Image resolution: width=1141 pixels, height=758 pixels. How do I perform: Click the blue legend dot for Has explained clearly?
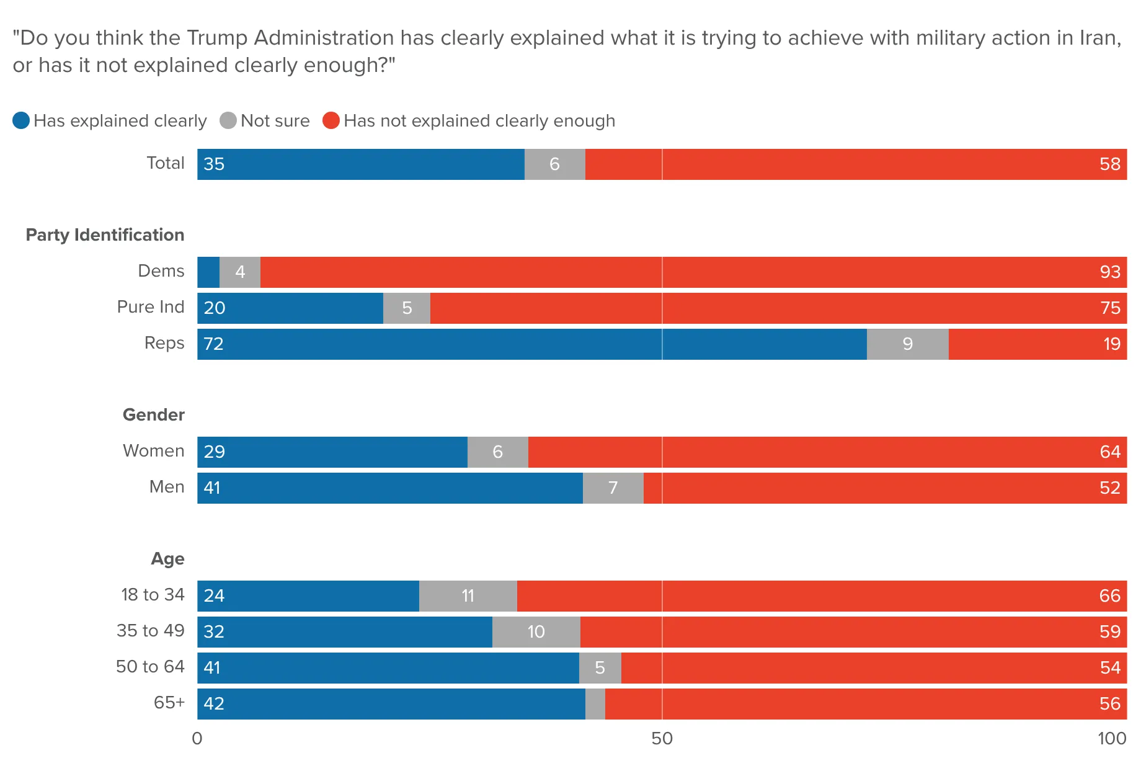(x=21, y=120)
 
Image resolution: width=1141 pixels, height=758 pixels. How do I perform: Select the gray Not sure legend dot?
(x=228, y=120)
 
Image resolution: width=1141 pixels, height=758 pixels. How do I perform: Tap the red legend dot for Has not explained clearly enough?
(x=331, y=120)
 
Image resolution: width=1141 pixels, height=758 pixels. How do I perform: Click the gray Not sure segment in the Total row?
(x=555, y=164)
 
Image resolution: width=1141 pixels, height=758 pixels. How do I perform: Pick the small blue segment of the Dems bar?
(x=208, y=272)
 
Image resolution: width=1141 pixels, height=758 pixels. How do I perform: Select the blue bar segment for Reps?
(x=532, y=344)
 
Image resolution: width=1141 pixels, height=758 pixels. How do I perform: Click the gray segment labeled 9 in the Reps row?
(x=908, y=344)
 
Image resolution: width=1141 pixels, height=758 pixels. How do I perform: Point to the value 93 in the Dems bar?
(x=1110, y=272)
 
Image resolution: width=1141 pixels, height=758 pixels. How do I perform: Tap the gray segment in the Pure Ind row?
(x=407, y=308)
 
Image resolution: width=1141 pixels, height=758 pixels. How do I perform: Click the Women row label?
(x=154, y=451)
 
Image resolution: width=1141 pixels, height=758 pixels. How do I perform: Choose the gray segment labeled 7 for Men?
(x=613, y=488)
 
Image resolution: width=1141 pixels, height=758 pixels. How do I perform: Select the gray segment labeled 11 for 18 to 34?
(x=468, y=596)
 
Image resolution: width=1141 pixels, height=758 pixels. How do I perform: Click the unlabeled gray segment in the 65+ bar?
(x=595, y=704)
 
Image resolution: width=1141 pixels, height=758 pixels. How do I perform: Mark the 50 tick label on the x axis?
(x=662, y=738)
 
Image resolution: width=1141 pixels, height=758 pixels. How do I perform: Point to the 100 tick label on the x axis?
(x=1111, y=738)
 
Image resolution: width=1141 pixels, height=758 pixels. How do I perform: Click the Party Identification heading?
(x=105, y=235)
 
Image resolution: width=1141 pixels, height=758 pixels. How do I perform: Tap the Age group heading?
(x=168, y=559)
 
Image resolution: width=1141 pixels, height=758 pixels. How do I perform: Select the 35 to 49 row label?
(x=151, y=631)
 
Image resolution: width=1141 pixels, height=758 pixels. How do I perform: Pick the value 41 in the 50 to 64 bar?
(x=212, y=668)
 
